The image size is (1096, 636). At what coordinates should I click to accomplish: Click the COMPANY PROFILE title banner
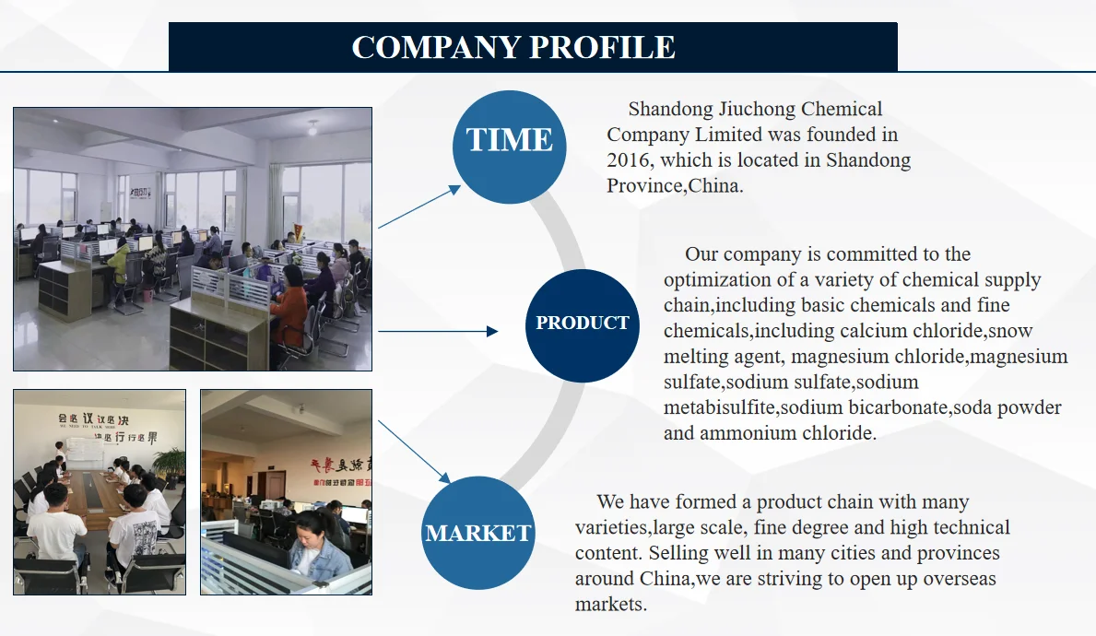[x=533, y=47]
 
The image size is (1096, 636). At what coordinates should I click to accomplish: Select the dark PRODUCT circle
[x=582, y=324]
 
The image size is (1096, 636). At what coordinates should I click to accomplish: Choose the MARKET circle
[x=477, y=533]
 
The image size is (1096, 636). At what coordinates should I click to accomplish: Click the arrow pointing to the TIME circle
[x=419, y=206]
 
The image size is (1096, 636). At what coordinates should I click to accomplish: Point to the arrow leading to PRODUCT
[x=438, y=331]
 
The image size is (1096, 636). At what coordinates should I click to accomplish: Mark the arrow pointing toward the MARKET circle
[x=414, y=453]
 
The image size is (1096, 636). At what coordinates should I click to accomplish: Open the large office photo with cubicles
[x=193, y=239]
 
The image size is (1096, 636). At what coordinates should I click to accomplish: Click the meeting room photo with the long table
[x=100, y=491]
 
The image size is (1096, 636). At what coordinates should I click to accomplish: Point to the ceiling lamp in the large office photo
[x=313, y=128]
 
